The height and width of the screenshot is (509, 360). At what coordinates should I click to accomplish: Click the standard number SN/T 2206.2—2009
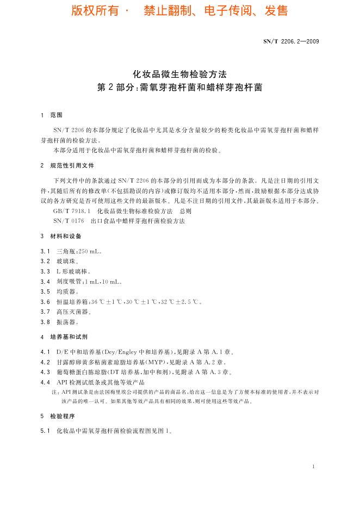click(x=291, y=40)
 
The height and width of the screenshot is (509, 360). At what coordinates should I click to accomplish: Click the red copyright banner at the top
click(x=179, y=11)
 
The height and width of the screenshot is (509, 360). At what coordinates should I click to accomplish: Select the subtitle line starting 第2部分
click(x=179, y=87)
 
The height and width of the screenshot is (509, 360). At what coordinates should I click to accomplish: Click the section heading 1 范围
click(x=52, y=115)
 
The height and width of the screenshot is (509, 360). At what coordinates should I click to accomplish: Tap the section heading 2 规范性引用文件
click(x=67, y=165)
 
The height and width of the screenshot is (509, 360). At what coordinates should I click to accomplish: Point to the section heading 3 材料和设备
click(x=61, y=236)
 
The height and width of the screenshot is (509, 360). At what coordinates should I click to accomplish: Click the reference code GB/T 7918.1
click(x=73, y=210)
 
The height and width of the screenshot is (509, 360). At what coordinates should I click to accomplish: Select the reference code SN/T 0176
click(x=69, y=221)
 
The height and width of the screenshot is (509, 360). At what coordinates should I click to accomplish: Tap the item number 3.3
click(x=45, y=271)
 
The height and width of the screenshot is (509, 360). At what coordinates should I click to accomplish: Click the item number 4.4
click(x=45, y=382)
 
